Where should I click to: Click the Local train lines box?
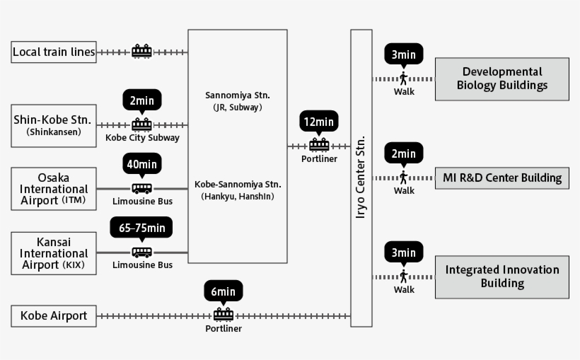54,52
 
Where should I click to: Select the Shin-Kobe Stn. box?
54,125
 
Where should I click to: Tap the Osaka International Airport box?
54,189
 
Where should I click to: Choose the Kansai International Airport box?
54,253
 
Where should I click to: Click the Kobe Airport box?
54,315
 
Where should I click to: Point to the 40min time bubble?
142,164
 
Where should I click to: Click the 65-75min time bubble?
141,228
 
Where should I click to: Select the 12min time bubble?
319,122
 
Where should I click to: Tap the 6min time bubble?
224,291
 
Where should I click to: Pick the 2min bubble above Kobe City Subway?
142,100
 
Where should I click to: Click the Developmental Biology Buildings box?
501,79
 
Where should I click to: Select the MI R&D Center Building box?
501,177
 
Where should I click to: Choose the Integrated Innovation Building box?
501,277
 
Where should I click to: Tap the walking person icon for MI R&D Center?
404,177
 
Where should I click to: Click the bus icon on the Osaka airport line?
142,189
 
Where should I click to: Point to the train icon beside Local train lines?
142,51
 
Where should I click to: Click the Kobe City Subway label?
142,138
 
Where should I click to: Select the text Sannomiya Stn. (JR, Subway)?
237,101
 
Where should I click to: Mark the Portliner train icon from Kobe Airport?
224,315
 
